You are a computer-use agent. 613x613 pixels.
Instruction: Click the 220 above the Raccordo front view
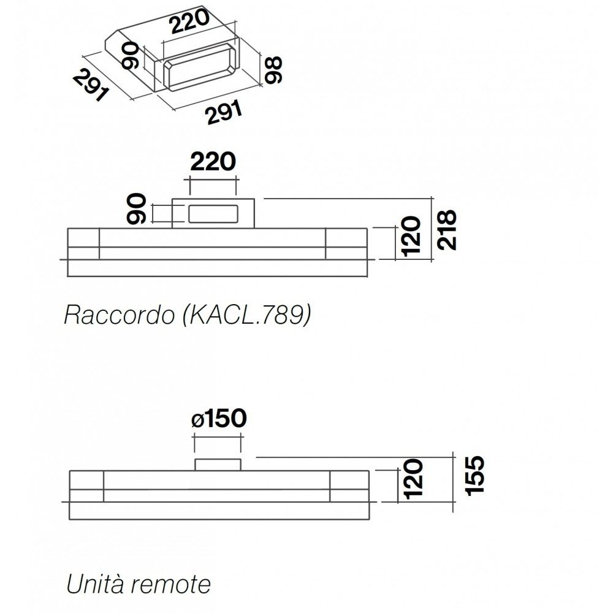tap(213, 162)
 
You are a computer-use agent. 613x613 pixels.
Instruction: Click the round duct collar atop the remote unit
tap(218, 464)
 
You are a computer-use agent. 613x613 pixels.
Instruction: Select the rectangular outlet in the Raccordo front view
tap(211, 213)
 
